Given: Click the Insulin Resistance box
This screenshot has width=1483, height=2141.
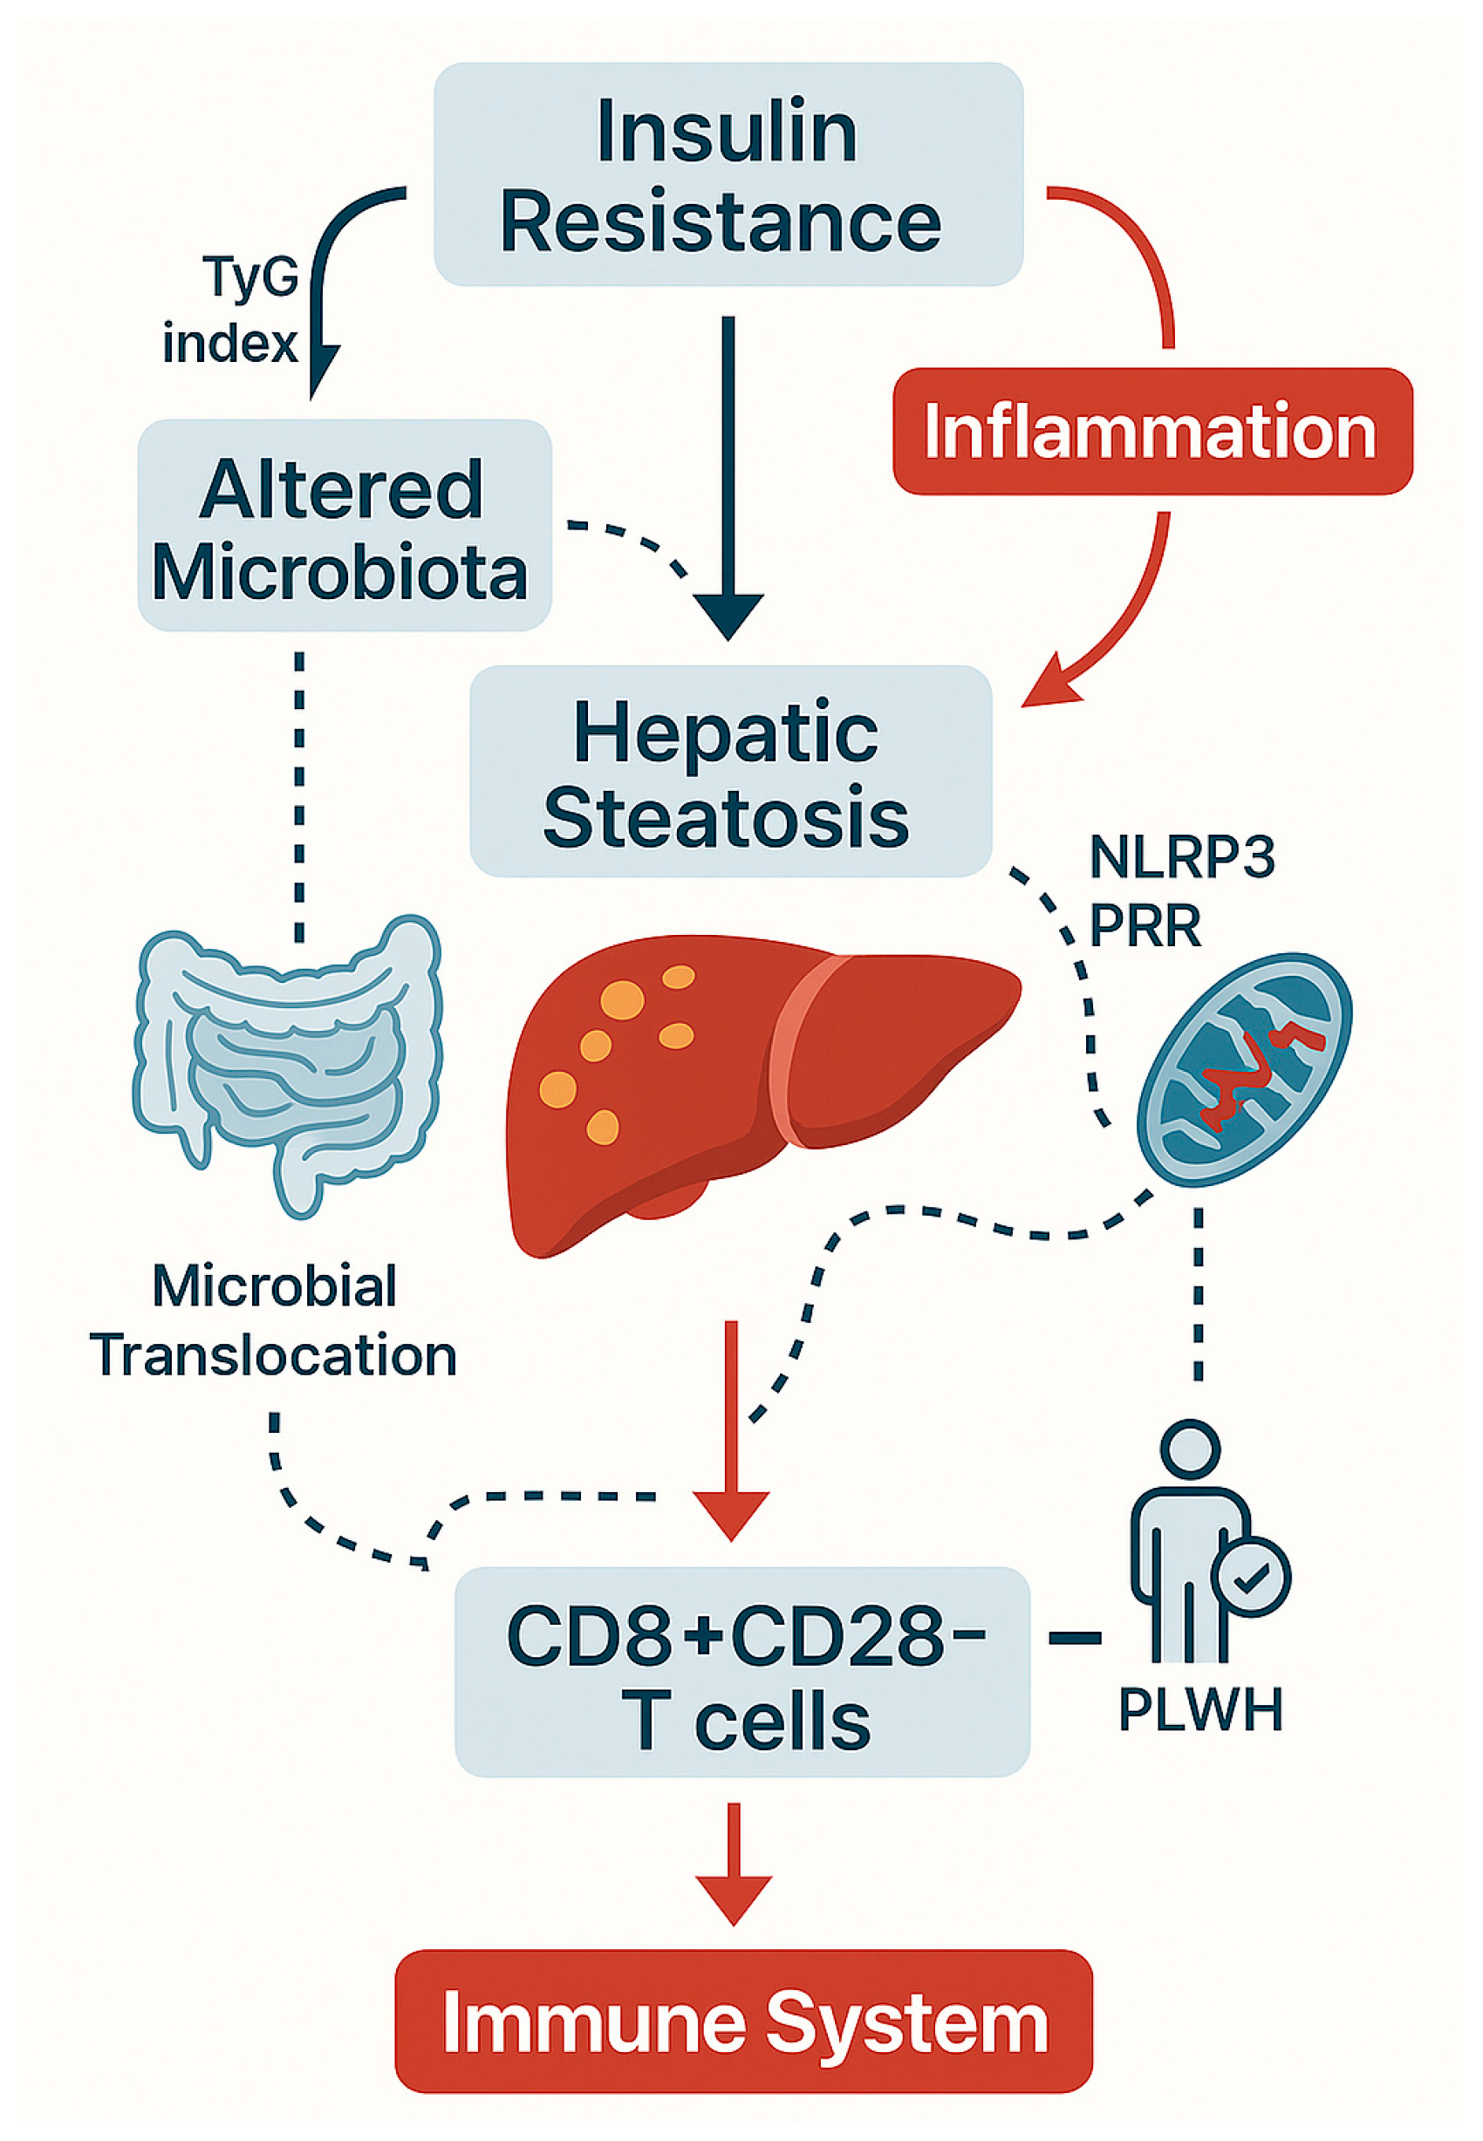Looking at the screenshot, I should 728,174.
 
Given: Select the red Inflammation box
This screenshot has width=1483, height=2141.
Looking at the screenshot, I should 1152,432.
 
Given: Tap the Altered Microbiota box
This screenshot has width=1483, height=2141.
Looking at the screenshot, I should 344,527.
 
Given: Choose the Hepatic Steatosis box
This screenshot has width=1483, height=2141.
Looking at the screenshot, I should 729,772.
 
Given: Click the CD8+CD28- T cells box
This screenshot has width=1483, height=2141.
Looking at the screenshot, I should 741,1673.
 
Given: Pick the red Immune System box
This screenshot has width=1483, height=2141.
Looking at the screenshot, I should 743,2022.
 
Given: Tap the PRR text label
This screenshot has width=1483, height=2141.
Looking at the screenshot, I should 1145,926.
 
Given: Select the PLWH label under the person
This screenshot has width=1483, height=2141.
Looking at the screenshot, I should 1199,1709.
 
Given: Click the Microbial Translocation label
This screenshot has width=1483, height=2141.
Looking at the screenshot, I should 274,1321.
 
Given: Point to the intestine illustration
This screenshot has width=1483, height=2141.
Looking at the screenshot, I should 288,1059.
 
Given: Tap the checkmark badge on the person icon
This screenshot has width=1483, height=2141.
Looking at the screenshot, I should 1251,1576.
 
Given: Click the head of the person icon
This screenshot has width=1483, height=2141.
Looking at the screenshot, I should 1190,1448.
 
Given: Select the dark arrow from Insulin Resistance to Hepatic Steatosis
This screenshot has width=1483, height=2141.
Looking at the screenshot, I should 728,483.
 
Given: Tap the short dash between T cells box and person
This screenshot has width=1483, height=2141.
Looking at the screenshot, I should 1074,1639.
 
